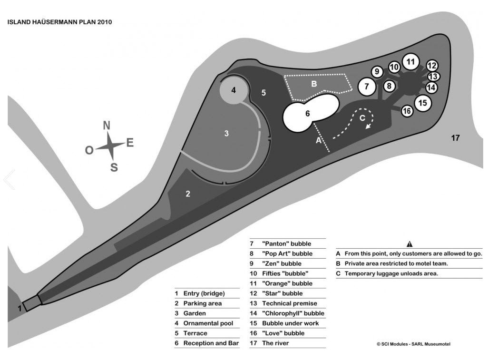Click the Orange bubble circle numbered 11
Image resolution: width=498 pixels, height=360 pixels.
[x=410, y=61]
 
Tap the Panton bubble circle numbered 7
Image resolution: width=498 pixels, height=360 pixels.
[x=366, y=87]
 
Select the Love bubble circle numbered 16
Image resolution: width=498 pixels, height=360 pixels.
[x=407, y=111]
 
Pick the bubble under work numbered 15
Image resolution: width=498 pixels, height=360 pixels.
[x=423, y=102]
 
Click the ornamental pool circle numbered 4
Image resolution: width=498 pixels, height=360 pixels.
[x=234, y=89]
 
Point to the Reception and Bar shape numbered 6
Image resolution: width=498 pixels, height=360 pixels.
[x=308, y=114]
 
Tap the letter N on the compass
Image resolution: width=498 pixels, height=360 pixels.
[x=107, y=126]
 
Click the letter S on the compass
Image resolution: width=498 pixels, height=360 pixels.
[x=114, y=167]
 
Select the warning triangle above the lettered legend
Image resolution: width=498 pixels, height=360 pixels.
[x=410, y=244]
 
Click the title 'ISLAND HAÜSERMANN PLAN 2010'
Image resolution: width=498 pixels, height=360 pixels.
[x=59, y=22]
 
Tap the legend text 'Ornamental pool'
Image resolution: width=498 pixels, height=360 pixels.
[x=208, y=323]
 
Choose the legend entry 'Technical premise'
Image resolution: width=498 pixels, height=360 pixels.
[x=289, y=303]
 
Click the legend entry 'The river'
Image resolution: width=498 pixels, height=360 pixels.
[x=275, y=343]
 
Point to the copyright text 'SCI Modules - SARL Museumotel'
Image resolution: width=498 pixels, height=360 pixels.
[x=413, y=344]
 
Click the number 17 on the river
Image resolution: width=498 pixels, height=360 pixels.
[x=455, y=138]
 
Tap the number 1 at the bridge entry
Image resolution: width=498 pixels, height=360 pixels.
[x=20, y=308]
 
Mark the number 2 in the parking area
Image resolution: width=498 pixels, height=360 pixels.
[x=188, y=194]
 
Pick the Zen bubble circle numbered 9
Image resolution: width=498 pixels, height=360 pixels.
[x=377, y=72]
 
